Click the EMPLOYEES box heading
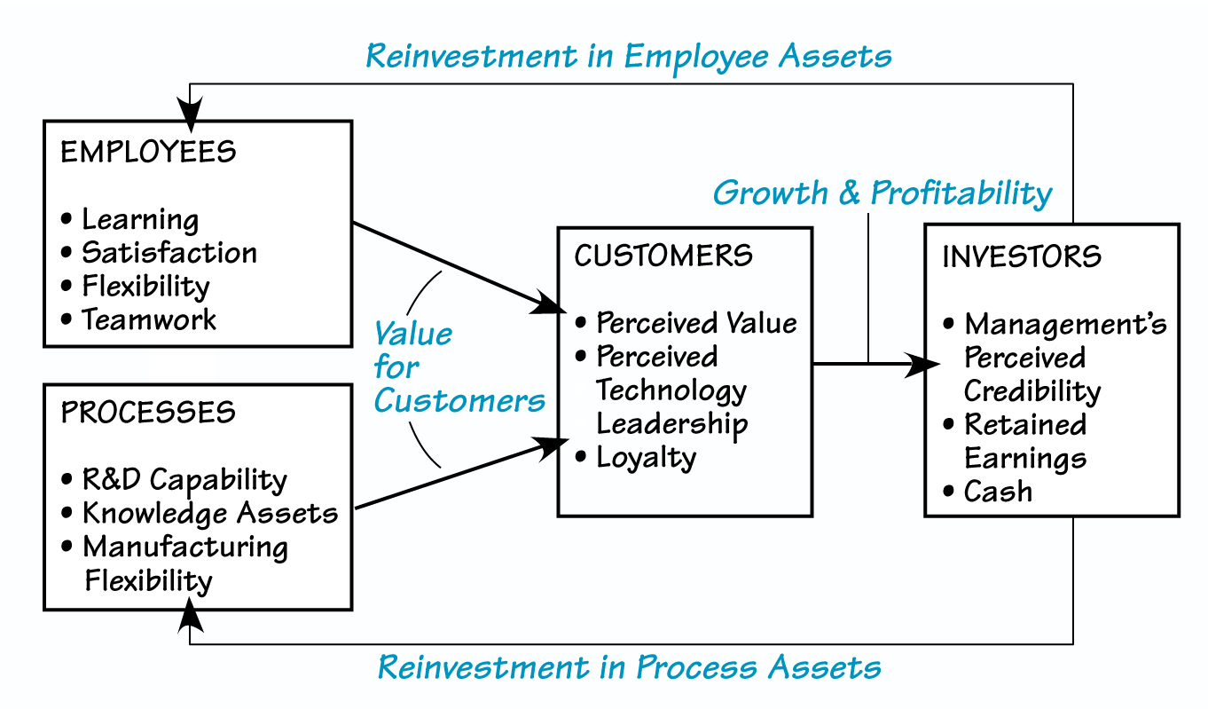pyautogui.click(x=148, y=152)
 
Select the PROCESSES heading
pyautogui.click(x=148, y=413)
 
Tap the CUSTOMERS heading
pyautogui.click(x=663, y=256)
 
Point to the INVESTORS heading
pyautogui.click(x=1021, y=256)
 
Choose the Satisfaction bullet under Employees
pyautogui.click(x=169, y=253)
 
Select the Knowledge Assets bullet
pyautogui.click(x=210, y=513)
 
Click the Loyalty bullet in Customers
pyautogui.click(x=646, y=457)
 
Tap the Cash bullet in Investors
pyautogui.click(x=998, y=491)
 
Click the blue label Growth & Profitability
pyautogui.click(x=882, y=193)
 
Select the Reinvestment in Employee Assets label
pyautogui.click(x=629, y=56)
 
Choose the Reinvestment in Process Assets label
pyautogui.click(x=630, y=666)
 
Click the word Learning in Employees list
pyautogui.click(x=140, y=219)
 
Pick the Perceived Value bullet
pyautogui.click(x=696, y=322)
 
